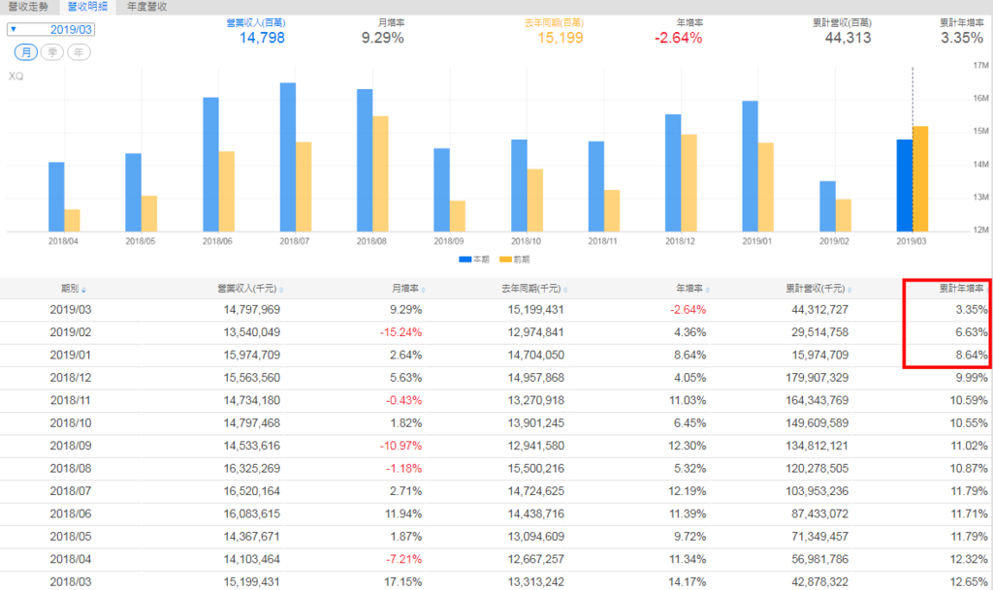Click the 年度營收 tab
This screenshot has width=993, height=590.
[x=146, y=7]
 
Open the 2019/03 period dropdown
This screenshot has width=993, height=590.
[x=50, y=30]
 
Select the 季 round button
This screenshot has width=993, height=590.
[x=50, y=52]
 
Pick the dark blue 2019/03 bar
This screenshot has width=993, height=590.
[x=904, y=185]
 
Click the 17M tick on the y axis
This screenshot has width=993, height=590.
[x=979, y=65]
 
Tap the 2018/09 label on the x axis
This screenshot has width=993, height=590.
[x=449, y=240]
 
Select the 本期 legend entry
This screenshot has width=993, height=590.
[x=474, y=260]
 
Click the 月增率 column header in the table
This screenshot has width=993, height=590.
[x=405, y=288]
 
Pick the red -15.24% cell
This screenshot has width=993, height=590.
[x=400, y=333]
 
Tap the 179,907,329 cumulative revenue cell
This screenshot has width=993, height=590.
[x=809, y=379]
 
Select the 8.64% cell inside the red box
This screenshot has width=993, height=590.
[x=971, y=356]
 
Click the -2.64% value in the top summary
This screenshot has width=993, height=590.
[x=678, y=39]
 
